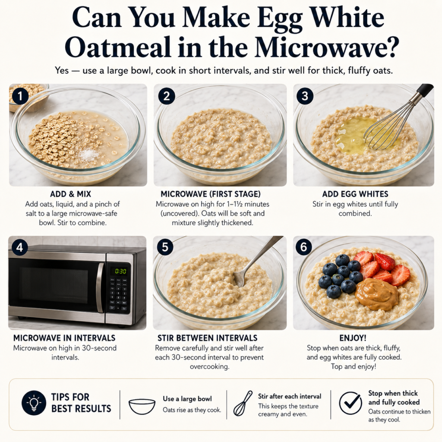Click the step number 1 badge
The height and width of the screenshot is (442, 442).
point(20,96)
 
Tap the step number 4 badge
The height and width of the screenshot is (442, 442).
point(19,247)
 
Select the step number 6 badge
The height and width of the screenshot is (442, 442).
point(303,247)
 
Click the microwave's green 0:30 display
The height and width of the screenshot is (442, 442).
point(120,271)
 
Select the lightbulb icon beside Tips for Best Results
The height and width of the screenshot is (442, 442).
point(34,403)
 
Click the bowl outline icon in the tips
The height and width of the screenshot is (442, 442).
point(142,406)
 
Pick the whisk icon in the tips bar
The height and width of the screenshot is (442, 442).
point(243,404)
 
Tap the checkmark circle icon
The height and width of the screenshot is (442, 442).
point(350,403)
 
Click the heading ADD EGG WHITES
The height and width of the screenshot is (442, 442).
point(355,194)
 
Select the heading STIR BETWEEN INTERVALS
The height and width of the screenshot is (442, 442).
point(208,338)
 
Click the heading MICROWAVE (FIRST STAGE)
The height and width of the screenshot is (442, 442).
point(211,194)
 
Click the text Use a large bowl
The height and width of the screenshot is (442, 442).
point(187,399)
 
